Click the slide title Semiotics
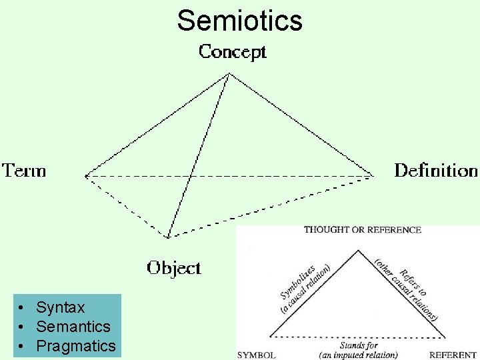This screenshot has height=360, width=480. [x=239, y=21]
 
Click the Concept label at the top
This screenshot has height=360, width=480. [x=233, y=52]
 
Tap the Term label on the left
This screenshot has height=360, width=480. [x=25, y=171]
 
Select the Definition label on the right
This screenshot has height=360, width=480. [x=436, y=171]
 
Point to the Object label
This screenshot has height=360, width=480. [x=173, y=268]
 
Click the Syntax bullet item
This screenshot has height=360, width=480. [x=61, y=307]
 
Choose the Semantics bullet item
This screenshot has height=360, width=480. [x=73, y=327]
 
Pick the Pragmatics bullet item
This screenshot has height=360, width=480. [x=76, y=346]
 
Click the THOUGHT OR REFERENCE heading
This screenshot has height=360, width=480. [x=363, y=230]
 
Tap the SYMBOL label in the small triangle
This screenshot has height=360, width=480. [x=257, y=355]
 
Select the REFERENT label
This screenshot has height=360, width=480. [x=453, y=355]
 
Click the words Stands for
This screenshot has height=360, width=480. [x=359, y=345]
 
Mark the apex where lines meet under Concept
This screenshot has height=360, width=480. [x=229, y=73]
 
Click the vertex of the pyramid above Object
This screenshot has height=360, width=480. [x=168, y=237]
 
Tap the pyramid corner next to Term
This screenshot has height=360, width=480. [x=86, y=176]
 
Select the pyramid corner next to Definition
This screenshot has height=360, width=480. [x=373, y=175]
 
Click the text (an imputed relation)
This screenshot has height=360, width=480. [x=359, y=355]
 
